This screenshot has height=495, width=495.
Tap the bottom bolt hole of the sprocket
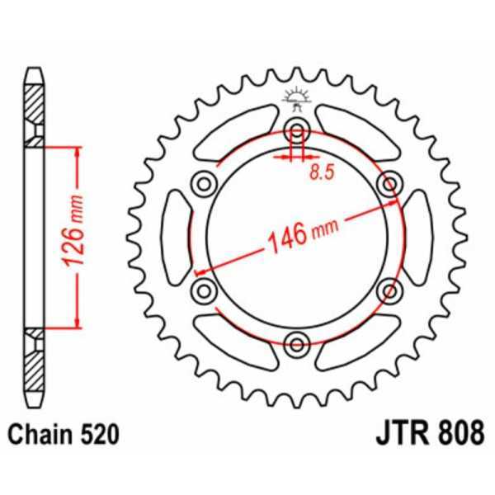click(297, 341)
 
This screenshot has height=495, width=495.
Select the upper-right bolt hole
click(389, 182)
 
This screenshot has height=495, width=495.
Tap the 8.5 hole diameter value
click(323, 172)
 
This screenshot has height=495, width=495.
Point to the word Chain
click(39, 433)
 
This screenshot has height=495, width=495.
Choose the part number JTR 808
click(433, 432)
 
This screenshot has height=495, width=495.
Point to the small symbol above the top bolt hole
click(297, 98)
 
